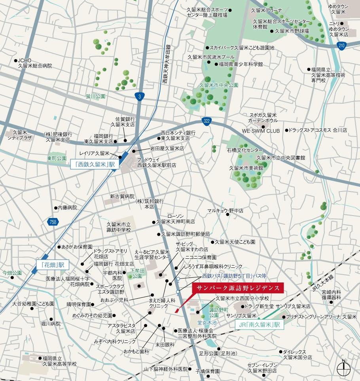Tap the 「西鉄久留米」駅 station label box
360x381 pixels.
pyautogui.click(x=95, y=164)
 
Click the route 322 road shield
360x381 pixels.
pyautogui.click(x=207, y=121)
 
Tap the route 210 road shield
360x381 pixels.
pyautogui.click(x=341, y=46)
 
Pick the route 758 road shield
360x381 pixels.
pyautogui.click(x=53, y=222)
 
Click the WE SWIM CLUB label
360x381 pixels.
pyautogui.click(x=261, y=131)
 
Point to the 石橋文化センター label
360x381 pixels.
pyautogui.click(x=244, y=150)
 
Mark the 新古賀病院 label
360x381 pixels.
pyautogui.click(x=122, y=196)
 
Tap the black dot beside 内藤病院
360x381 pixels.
pyautogui.click(x=55, y=207)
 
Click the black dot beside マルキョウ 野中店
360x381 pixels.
pyautogui.click(x=228, y=211)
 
